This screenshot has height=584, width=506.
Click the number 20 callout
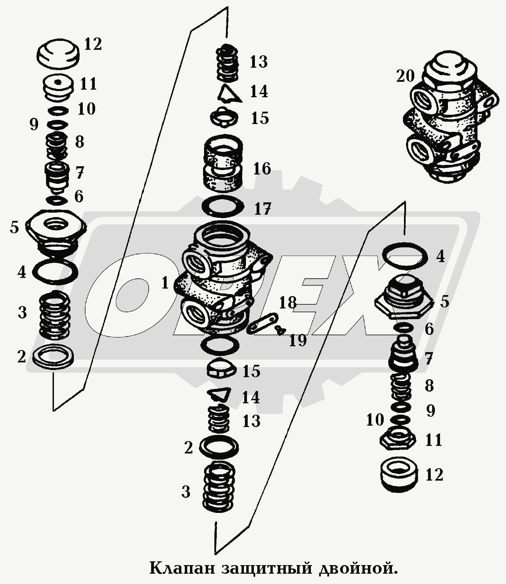click(405, 76)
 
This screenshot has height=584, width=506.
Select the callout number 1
click(165, 283)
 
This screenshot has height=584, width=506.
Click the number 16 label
click(262, 169)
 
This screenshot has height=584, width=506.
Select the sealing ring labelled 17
click(223, 207)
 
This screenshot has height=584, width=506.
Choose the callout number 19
click(297, 340)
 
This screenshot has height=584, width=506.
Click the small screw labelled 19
click(281, 330)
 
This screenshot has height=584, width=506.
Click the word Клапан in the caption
click(184, 568)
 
